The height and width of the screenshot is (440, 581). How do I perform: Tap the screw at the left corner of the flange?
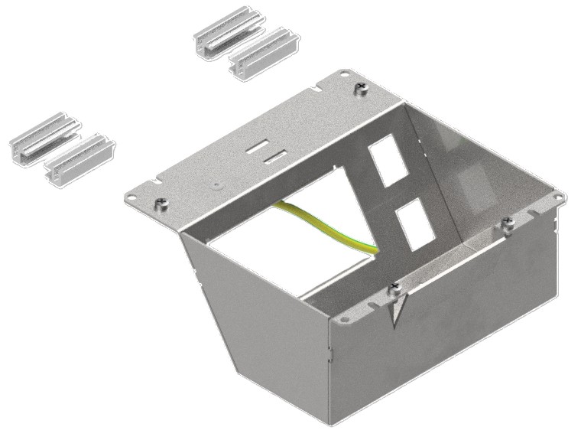pos(161,204)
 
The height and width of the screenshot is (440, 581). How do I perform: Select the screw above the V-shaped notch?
pos(394,288)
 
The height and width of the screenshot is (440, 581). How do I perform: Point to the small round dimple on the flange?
pos(217,184)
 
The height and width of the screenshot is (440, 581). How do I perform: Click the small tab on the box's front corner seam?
pos(331,354)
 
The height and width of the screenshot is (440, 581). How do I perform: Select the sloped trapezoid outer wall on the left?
pos(245,321)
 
